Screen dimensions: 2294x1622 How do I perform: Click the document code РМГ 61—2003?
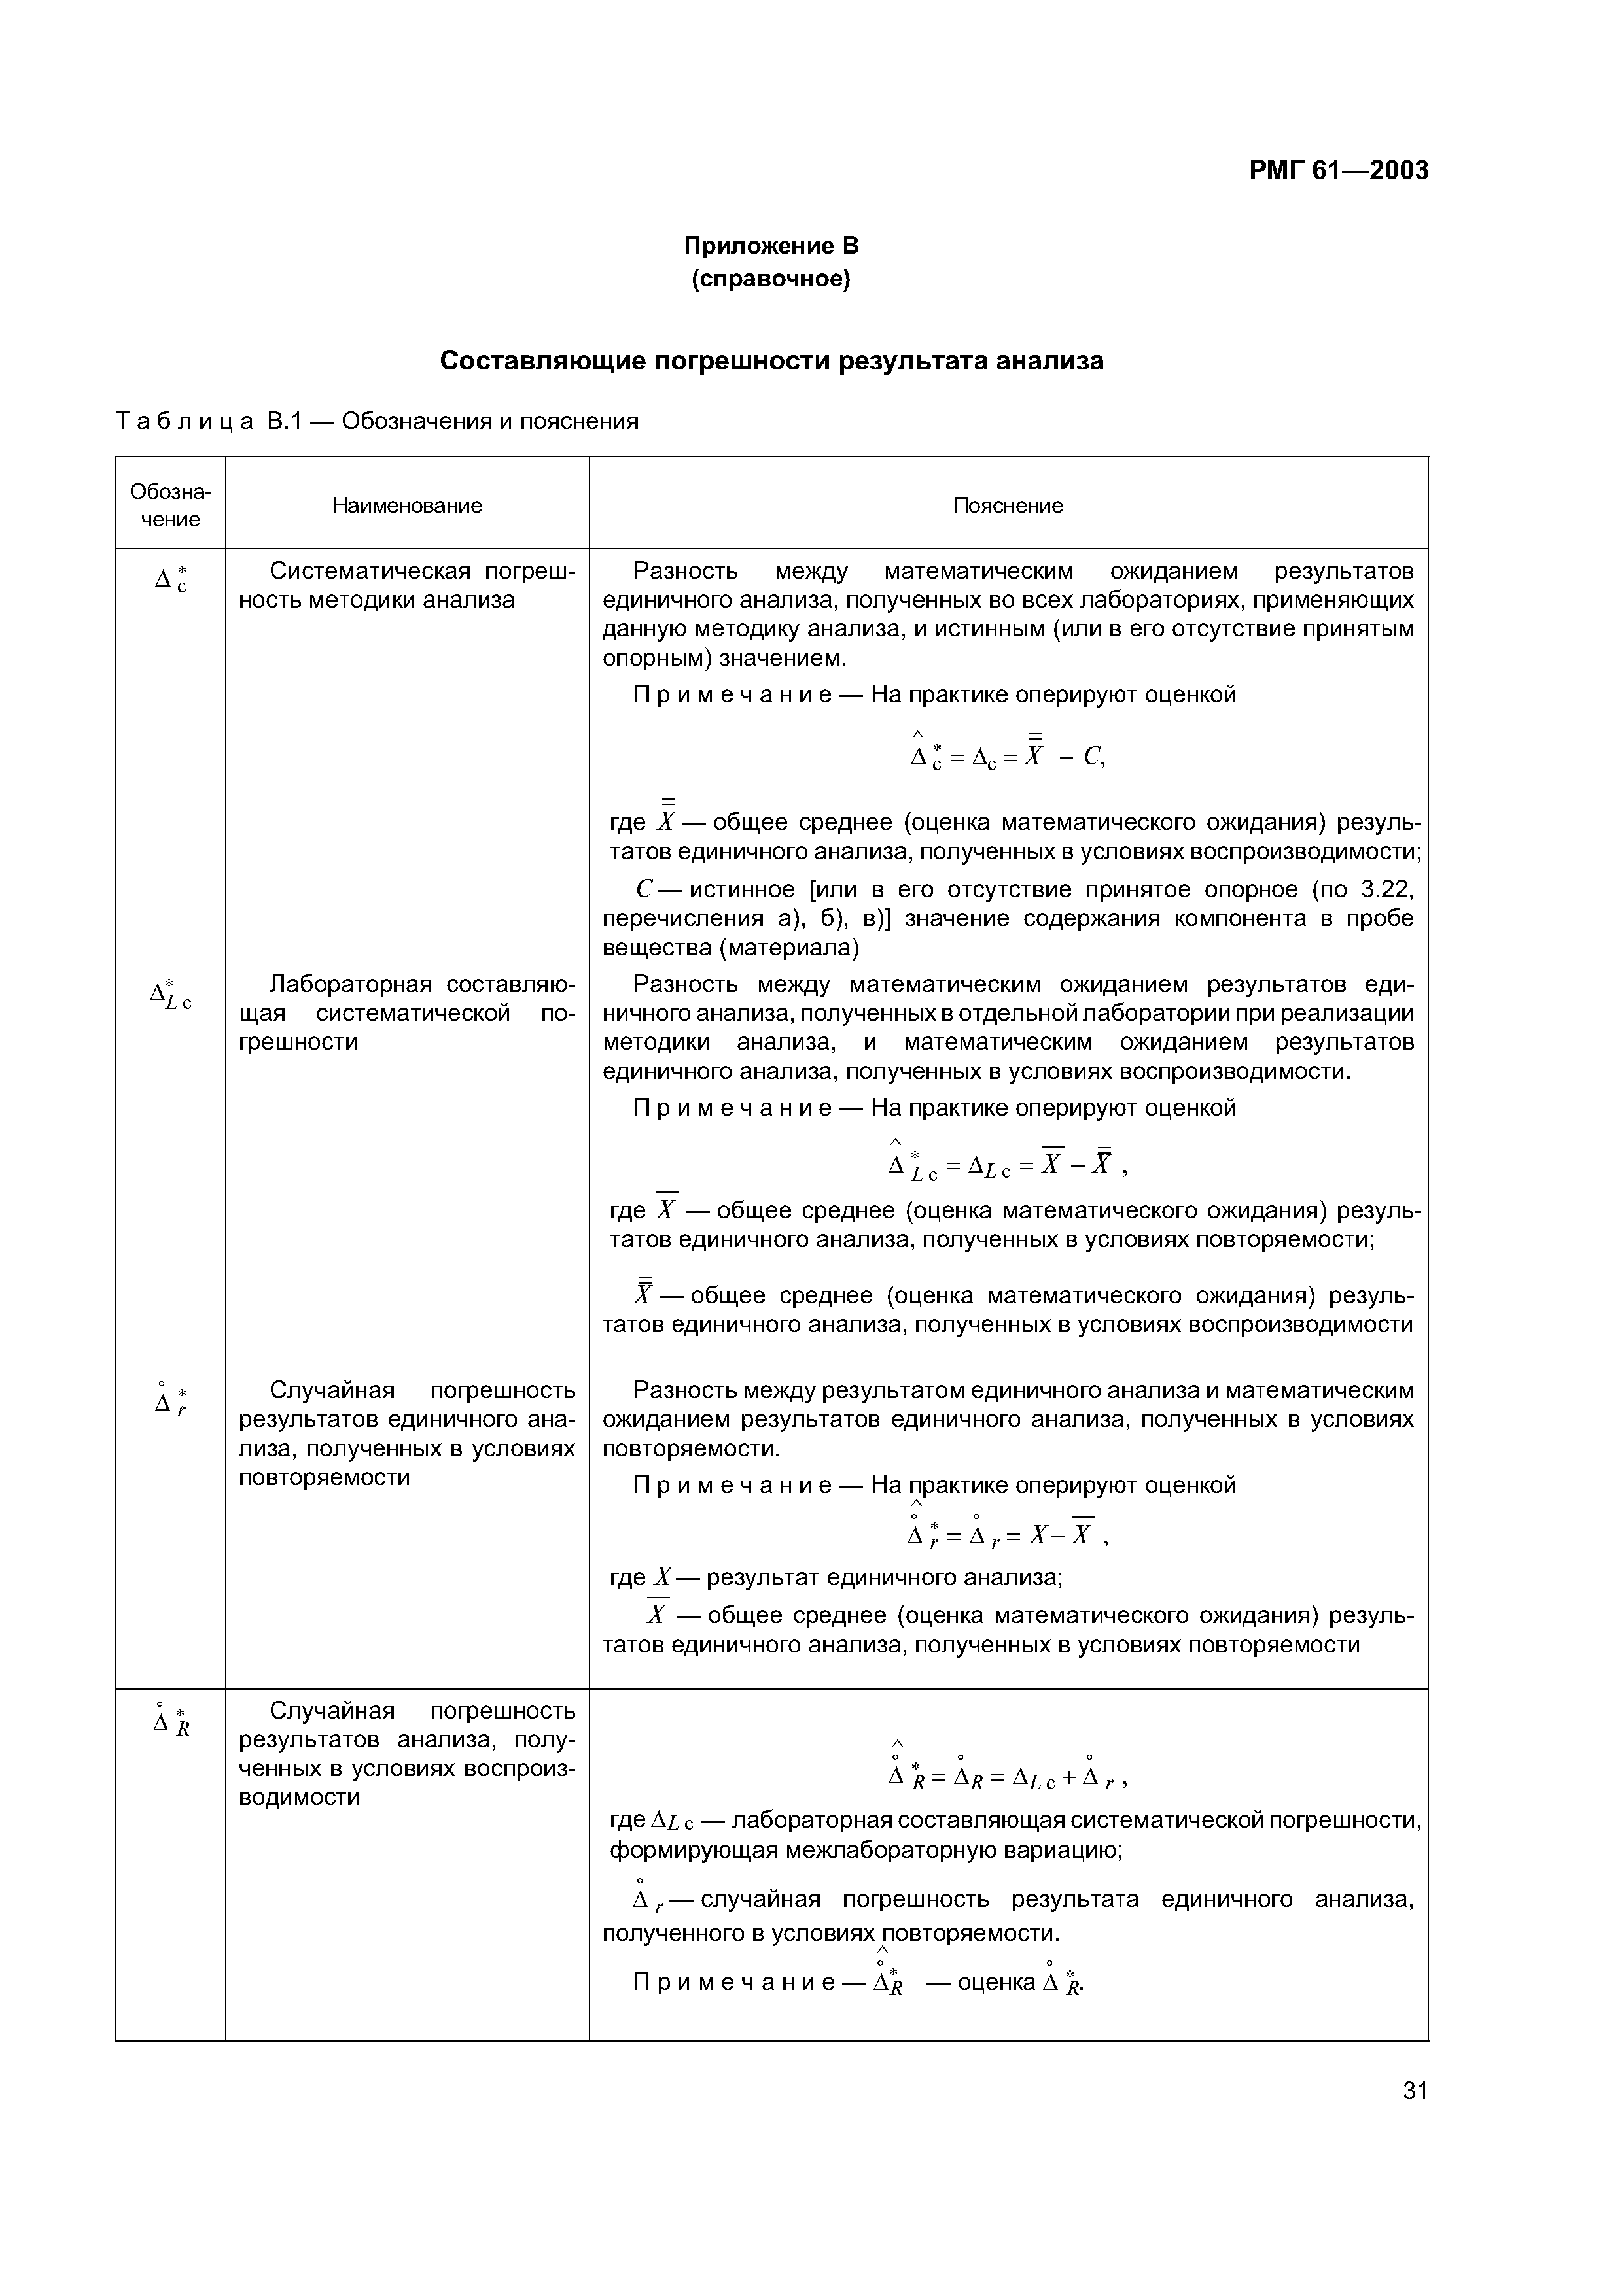pyautogui.click(x=1338, y=171)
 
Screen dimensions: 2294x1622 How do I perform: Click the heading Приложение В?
pyautogui.click(x=771, y=246)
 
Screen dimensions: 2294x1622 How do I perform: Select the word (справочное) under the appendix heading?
pyautogui.click(x=771, y=280)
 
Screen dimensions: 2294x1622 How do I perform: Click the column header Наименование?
pyautogui.click(x=407, y=505)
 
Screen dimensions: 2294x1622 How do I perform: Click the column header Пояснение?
pyautogui.click(x=1008, y=505)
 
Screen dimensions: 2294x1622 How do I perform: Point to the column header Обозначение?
pyautogui.click(x=170, y=505)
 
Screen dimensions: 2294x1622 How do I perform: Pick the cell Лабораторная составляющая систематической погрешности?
pyautogui.click(x=407, y=1013)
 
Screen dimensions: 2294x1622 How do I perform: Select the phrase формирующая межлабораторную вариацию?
pyautogui.click(x=866, y=1851)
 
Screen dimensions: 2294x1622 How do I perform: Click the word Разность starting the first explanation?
pyautogui.click(x=686, y=572)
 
